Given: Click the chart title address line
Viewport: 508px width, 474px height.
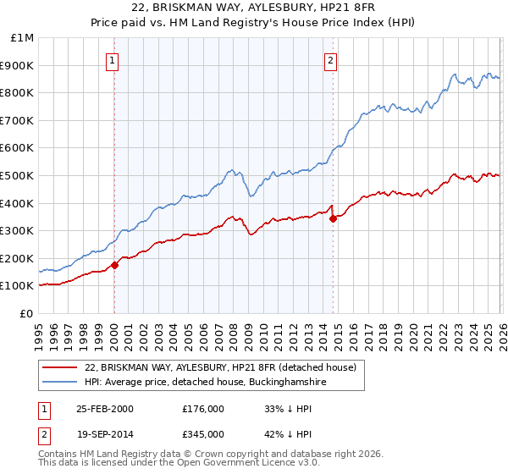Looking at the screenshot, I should [254, 8].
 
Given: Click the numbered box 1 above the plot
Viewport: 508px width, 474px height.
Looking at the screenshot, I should [113, 60].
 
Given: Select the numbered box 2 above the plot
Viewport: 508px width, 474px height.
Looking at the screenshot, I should [330, 60].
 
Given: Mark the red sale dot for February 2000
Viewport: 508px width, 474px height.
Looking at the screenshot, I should [115, 265].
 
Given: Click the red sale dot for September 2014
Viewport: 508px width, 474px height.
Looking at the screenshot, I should [333, 218].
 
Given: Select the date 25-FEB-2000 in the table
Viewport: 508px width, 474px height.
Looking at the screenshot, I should [104, 409].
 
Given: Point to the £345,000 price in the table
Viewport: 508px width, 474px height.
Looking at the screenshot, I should [203, 433].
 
